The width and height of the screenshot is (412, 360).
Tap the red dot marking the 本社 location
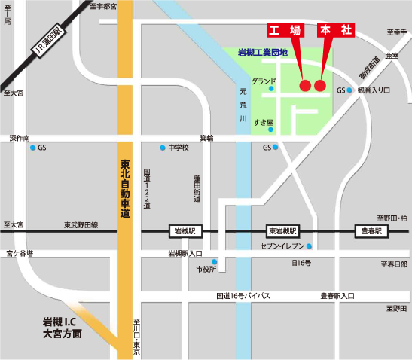pyautogui.click(x=320, y=86)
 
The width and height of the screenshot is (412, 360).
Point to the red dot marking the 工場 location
pyautogui.click(x=305, y=86)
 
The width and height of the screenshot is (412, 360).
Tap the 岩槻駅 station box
pyautogui.click(x=185, y=231)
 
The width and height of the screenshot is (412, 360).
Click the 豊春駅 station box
pyautogui.click(x=369, y=231)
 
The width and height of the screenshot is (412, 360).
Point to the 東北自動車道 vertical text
pyautogui.click(x=125, y=188)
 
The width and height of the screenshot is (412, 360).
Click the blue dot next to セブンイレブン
pyautogui.click(x=309, y=246)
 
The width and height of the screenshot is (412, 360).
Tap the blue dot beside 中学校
pyautogui.click(x=162, y=148)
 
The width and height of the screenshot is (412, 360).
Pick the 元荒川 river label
pyautogui.click(x=243, y=105)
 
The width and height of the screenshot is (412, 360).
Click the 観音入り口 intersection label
pyautogui.click(x=374, y=90)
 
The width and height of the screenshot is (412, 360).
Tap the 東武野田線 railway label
pyautogui.click(x=81, y=225)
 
